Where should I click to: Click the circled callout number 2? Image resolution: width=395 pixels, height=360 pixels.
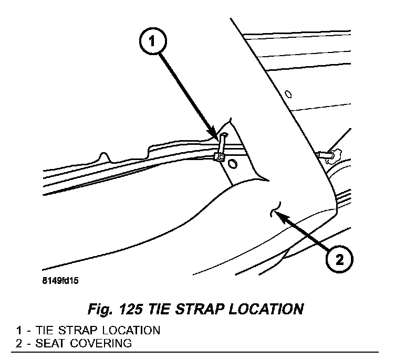339,259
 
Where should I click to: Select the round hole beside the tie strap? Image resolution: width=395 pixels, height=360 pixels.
233,165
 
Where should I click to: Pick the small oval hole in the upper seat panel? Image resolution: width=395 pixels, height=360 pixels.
287,95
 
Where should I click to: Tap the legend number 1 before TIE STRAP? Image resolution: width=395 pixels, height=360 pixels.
19,331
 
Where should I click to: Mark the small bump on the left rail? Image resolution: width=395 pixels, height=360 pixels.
103,156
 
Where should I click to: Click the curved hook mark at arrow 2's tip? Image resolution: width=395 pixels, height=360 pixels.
275,209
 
